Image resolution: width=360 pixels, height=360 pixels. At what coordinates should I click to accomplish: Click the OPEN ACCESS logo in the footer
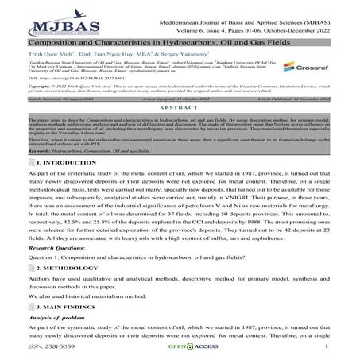(x=178, y=347)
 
